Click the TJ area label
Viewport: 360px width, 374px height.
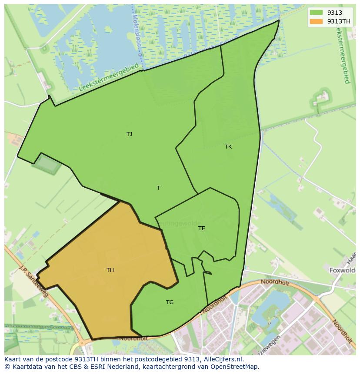tap(129, 134)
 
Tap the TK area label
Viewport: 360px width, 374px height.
tap(228, 147)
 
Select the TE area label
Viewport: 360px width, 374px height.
tap(201, 228)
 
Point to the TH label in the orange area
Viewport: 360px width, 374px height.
tap(110, 270)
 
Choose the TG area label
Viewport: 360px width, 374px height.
tap(170, 302)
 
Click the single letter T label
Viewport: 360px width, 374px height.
tap(159, 188)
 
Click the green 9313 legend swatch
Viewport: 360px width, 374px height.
tap(316, 13)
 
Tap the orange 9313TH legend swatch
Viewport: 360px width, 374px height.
tap(316, 21)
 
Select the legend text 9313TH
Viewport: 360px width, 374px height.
tap(339, 21)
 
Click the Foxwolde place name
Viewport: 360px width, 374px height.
tap(343, 270)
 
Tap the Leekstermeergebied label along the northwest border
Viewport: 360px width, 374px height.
tap(109, 77)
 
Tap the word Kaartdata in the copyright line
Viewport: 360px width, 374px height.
tap(25, 367)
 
